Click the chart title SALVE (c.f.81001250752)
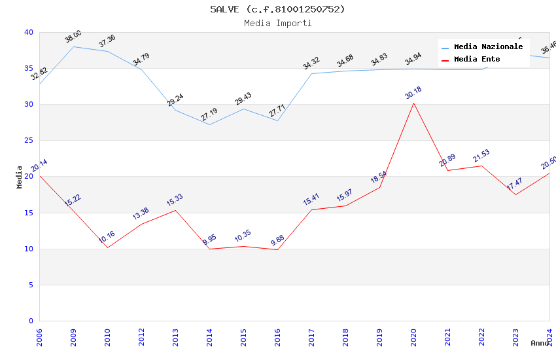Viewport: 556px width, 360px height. [x=277, y=9]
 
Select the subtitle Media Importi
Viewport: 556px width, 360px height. [x=277, y=23]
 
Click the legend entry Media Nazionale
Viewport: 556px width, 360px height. [x=488, y=47]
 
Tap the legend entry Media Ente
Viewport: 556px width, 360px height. [x=477, y=60]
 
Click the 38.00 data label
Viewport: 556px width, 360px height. [x=73, y=36]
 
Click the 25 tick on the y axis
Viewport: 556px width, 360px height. [x=29, y=141]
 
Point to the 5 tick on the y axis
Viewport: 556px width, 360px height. [x=31, y=285]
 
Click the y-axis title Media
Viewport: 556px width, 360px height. [x=20, y=177]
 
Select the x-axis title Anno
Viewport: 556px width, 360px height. [x=540, y=343]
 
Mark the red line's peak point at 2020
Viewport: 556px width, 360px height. [x=413, y=103]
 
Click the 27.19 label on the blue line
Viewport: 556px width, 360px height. [x=209, y=115]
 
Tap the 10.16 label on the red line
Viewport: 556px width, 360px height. [x=107, y=237]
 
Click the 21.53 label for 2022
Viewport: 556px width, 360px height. [x=481, y=156]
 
